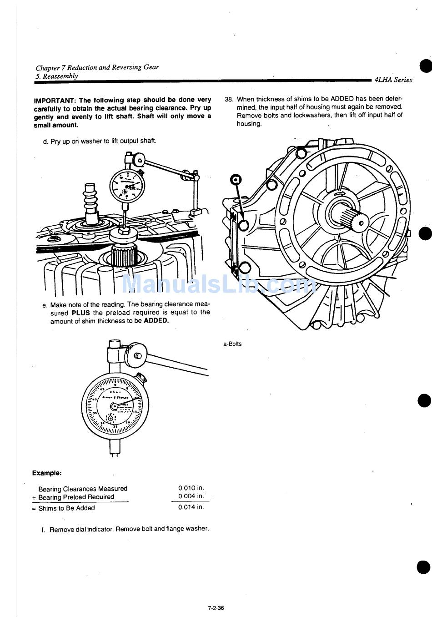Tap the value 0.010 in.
(x=191, y=488)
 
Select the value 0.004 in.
(x=191, y=496)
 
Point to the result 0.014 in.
(x=191, y=507)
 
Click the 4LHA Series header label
(x=393, y=80)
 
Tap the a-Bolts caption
(x=232, y=344)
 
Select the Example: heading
(x=47, y=473)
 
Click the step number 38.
(x=229, y=99)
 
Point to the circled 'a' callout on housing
(x=236, y=180)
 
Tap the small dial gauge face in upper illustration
(x=127, y=186)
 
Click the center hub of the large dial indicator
(x=114, y=406)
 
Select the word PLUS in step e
(x=81, y=313)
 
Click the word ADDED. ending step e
(x=156, y=321)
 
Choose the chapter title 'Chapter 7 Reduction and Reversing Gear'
(x=97, y=67)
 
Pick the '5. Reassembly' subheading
(x=57, y=76)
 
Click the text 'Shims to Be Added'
(x=66, y=508)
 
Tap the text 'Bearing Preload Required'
(x=76, y=497)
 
